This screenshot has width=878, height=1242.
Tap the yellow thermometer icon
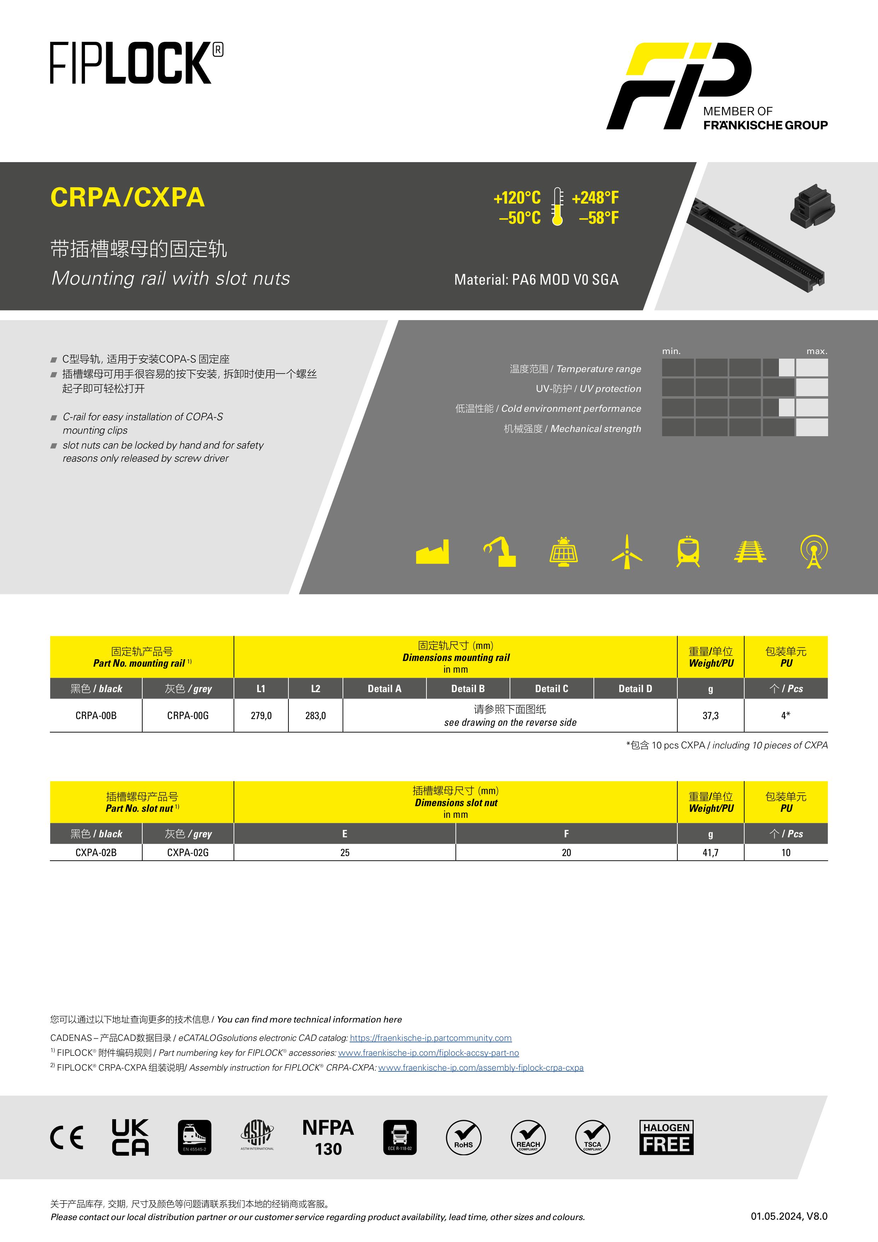click(x=557, y=207)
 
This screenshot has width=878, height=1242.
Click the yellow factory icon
click(x=432, y=552)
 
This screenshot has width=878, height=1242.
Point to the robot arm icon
click(x=500, y=552)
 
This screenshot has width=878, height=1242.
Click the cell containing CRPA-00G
click(x=188, y=716)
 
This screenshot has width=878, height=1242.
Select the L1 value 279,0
click(x=261, y=716)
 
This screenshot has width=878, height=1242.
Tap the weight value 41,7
click(x=710, y=853)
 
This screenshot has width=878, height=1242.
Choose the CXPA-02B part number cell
click(x=96, y=853)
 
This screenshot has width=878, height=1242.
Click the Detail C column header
click(x=551, y=689)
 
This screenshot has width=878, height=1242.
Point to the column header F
click(x=566, y=833)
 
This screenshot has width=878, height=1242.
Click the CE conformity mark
click(x=67, y=1137)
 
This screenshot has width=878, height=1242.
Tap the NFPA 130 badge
click(x=328, y=1137)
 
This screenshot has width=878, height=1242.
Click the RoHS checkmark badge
click(x=463, y=1137)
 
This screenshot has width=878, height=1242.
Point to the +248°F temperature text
click(x=595, y=198)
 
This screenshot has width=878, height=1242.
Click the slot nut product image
click(x=813, y=206)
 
